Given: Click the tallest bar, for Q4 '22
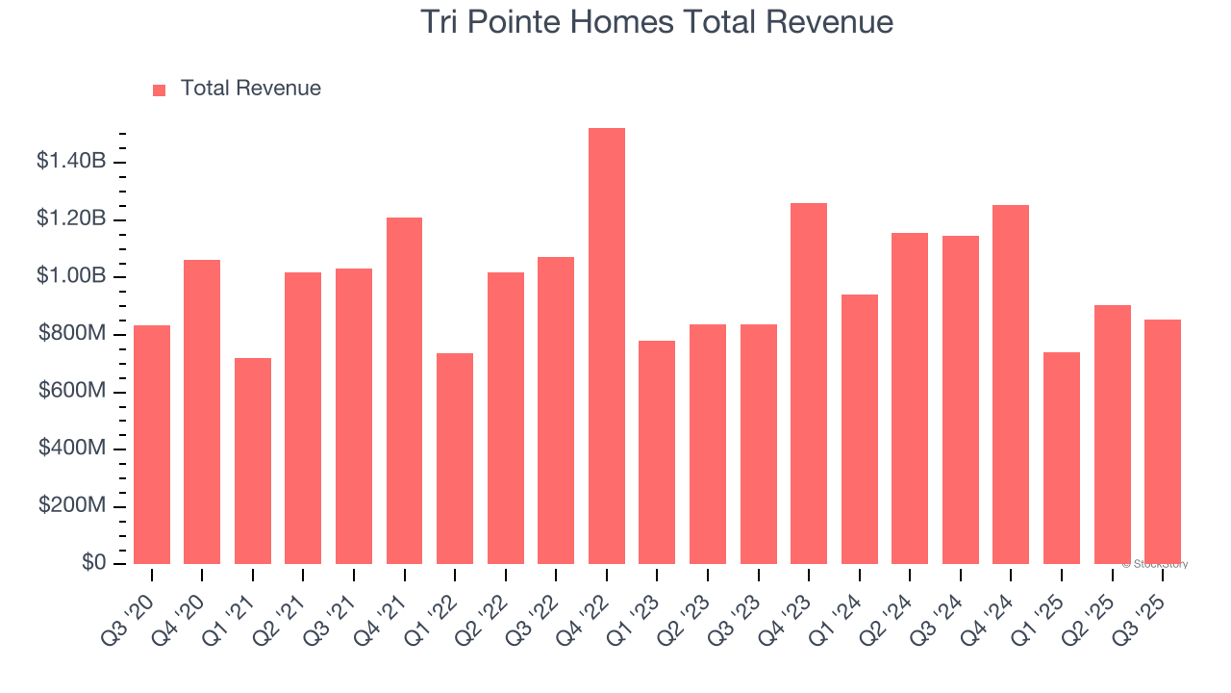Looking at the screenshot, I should pyautogui.click(x=606, y=346).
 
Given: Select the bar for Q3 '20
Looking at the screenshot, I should pyautogui.click(x=152, y=445).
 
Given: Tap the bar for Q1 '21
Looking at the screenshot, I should pyautogui.click(x=253, y=461).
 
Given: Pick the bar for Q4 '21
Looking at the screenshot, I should pyautogui.click(x=404, y=391).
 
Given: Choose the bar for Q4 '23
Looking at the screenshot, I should pyautogui.click(x=808, y=383).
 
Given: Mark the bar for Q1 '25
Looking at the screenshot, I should pyautogui.click(x=1061, y=458).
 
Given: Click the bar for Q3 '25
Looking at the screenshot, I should pyautogui.click(x=1162, y=442).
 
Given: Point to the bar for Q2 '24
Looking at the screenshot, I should pyautogui.click(x=909, y=398).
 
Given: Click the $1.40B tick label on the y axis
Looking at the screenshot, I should pyautogui.click(x=71, y=162).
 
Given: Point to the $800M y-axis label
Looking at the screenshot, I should pyautogui.click(x=71, y=334).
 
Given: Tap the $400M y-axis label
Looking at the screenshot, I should pyautogui.click(x=71, y=449).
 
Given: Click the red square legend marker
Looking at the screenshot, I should pyautogui.click(x=160, y=90).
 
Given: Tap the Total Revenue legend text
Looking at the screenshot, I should pyautogui.click(x=250, y=89).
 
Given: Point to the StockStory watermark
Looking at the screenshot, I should pyautogui.click(x=1155, y=564).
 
